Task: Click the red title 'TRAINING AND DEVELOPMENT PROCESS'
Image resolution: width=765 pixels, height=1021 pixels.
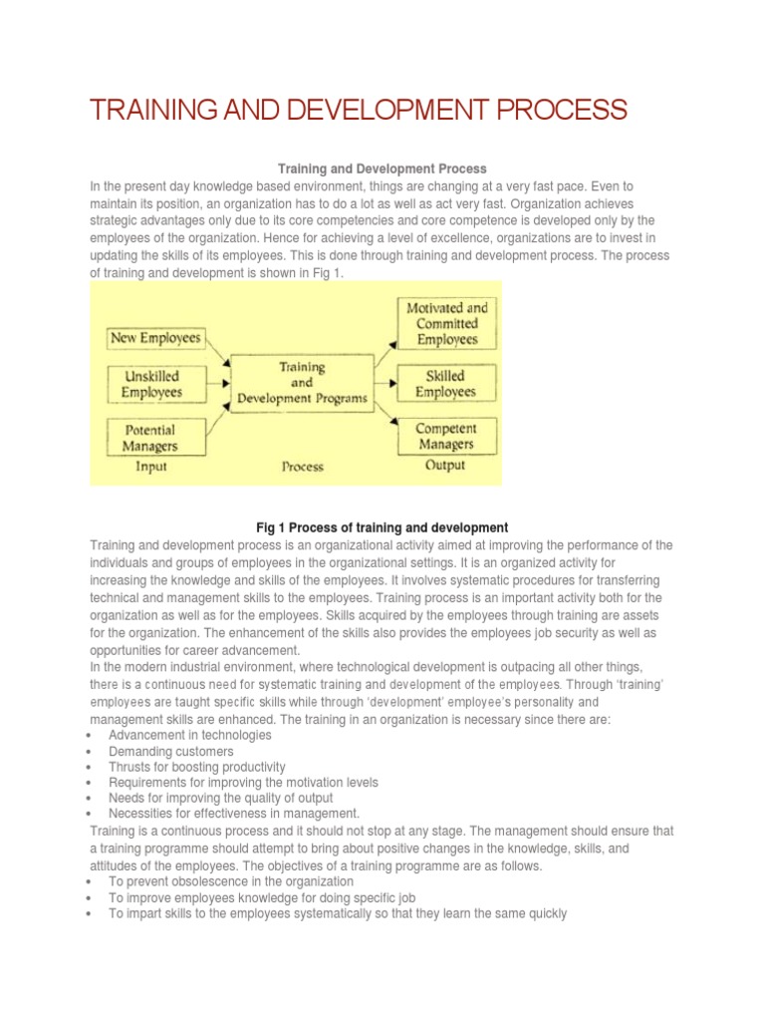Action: [358, 110]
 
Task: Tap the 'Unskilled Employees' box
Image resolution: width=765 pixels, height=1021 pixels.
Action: [152, 384]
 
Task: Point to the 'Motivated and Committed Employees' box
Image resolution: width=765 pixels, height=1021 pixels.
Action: [447, 324]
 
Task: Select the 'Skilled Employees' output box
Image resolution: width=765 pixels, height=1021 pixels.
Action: [445, 384]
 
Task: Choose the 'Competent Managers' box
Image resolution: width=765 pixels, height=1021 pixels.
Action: [445, 436]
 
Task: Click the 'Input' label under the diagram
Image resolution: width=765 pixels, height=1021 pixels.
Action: [151, 466]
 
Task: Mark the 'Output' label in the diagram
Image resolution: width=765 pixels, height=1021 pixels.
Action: [445, 465]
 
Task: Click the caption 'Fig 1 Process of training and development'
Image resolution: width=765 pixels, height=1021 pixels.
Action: [382, 527]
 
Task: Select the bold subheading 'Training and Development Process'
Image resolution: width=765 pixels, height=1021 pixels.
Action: [382, 170]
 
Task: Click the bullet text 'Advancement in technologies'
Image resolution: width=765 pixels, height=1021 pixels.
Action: [189, 735]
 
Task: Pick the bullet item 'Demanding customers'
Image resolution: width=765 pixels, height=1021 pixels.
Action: [171, 751]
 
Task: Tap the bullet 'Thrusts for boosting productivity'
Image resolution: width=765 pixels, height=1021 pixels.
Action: [197, 767]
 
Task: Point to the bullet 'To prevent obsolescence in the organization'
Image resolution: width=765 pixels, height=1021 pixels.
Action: [231, 881]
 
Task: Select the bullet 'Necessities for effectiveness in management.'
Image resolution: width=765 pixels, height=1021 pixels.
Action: [234, 814]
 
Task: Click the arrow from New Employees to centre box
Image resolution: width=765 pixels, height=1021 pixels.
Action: [217, 350]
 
